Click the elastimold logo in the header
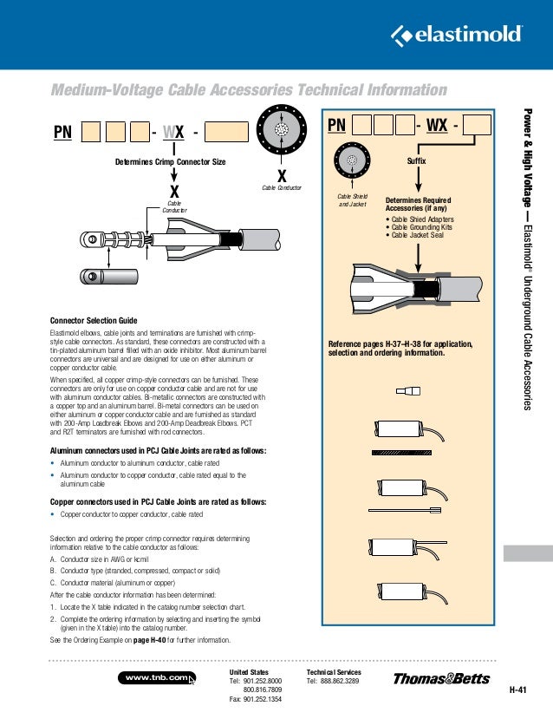tap(457, 35)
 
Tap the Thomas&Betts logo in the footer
tap(440, 678)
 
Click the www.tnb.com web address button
tap(157, 677)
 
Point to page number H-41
tap(518, 690)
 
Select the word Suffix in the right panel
tap(417, 162)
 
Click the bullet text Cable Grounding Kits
tap(420, 227)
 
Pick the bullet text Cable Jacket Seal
tap(416, 235)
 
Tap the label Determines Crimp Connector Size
tap(171, 162)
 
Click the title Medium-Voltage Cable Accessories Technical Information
tap(250, 90)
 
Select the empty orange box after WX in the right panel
tap(477, 128)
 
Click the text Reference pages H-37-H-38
tap(373, 344)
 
